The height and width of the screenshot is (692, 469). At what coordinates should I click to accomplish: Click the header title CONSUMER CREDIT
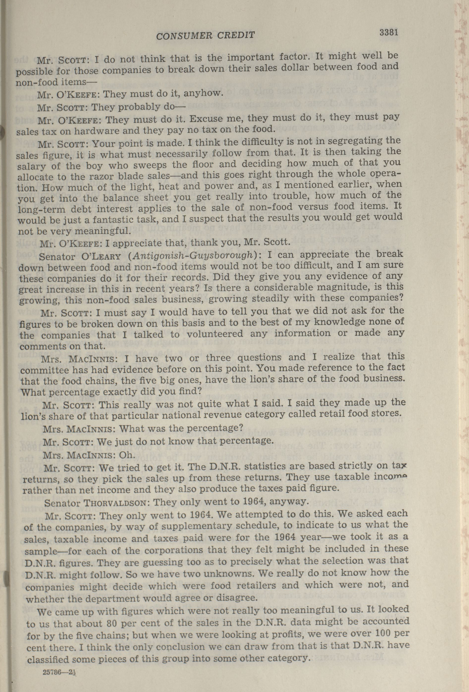tap(205, 35)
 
